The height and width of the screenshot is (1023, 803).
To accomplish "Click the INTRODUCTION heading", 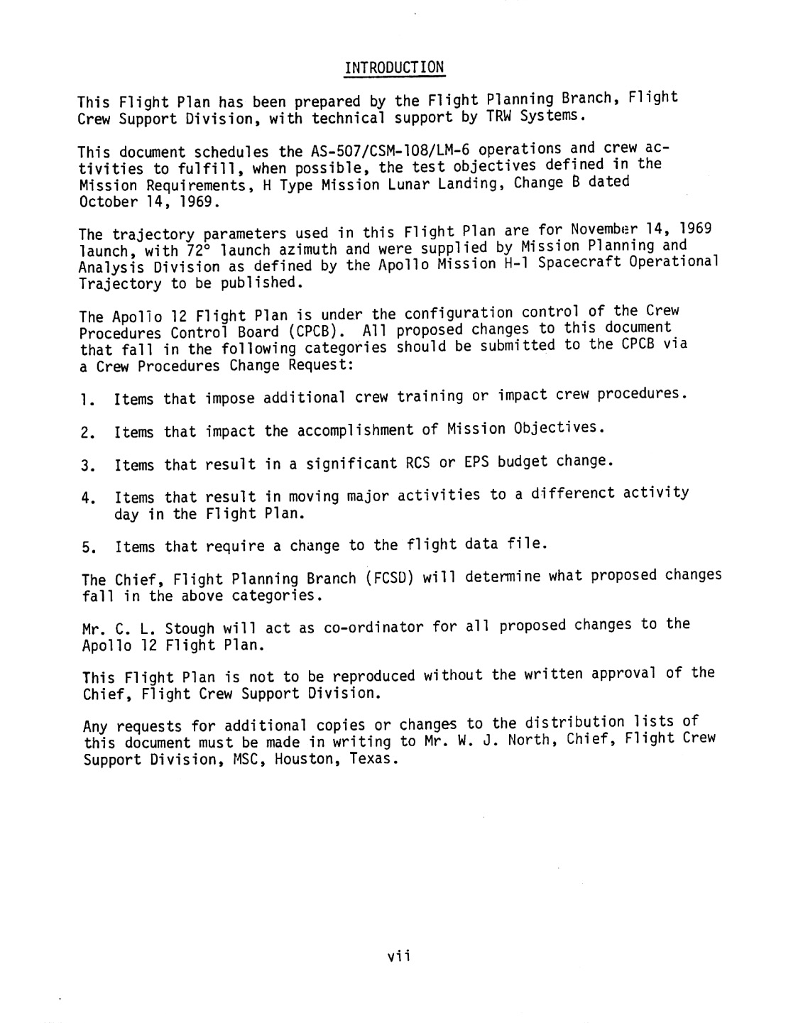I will (394, 68).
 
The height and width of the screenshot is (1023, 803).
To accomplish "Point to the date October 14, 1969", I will (148, 202).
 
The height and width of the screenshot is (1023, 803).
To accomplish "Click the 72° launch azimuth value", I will (195, 249).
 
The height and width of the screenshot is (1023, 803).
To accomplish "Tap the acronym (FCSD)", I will (390, 578).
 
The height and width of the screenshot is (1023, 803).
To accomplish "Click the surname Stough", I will (190, 629).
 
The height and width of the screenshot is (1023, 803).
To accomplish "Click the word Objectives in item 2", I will (562, 428).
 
